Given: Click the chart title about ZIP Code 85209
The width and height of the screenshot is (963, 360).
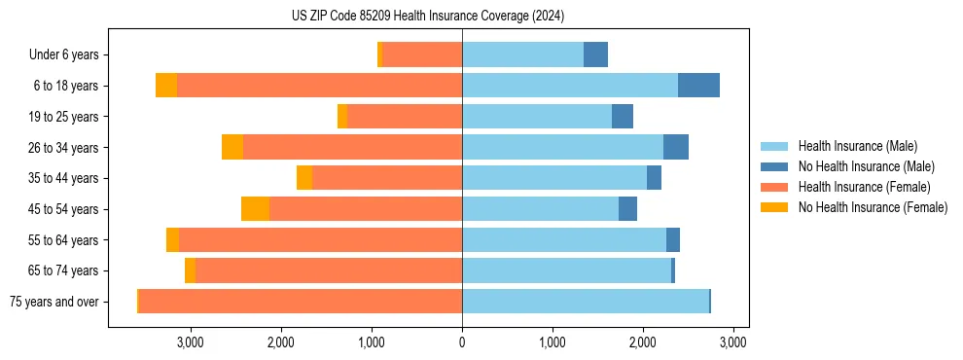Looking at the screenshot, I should [427, 17].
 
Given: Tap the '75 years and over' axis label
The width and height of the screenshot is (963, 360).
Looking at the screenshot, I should [54, 302].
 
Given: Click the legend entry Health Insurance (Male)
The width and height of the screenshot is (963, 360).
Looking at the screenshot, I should [856, 146].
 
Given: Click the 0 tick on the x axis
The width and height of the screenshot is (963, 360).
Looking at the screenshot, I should [462, 342].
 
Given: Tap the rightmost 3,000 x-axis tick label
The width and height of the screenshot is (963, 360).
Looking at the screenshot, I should [733, 342].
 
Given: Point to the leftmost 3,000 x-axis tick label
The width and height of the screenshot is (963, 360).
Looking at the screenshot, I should [191, 342].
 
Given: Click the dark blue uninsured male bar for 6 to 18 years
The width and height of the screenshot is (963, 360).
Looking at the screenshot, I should [698, 86].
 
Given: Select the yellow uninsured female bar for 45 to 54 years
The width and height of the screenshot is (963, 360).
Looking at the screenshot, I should [255, 209].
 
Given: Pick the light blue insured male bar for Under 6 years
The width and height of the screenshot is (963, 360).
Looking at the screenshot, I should [522, 55].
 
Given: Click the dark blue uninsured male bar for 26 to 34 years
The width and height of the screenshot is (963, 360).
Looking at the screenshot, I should [676, 148].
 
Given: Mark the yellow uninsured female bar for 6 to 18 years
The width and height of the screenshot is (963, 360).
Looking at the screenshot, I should [166, 86].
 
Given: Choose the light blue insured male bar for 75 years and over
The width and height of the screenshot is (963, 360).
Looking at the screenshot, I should [586, 302].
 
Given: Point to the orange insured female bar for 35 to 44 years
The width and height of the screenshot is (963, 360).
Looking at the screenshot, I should [387, 178].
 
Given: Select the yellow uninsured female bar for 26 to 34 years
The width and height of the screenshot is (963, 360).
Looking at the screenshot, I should [232, 148].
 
